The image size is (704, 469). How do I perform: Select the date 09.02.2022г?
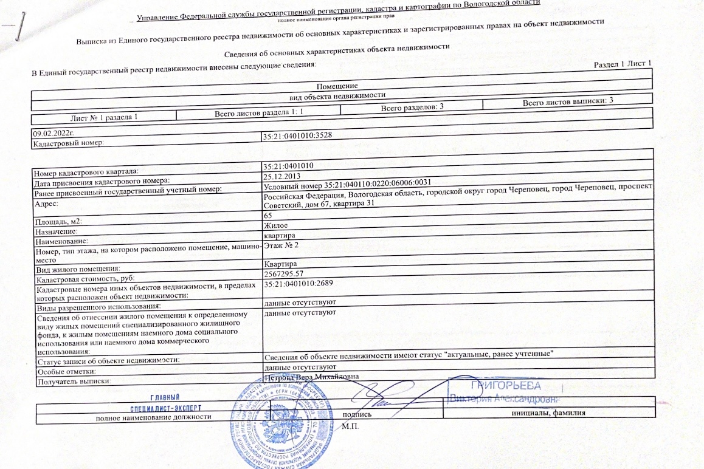tap(53, 132)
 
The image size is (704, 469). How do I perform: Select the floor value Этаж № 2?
tap(282, 245)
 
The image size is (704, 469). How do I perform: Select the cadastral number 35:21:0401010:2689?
tap(299, 283)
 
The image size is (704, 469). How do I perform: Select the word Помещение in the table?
tap(337, 86)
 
